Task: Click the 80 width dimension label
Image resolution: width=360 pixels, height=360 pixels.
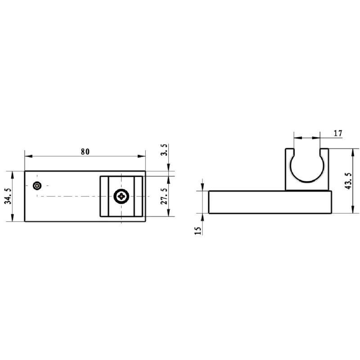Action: click(85, 152)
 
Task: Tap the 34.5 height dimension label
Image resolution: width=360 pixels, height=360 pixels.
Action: click(8, 196)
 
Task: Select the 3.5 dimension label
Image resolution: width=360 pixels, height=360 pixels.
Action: click(164, 150)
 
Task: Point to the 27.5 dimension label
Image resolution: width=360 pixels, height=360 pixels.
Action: click(164, 196)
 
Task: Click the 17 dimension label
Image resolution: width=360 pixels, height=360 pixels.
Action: click(338, 133)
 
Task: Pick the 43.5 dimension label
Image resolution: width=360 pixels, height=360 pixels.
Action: click(348, 181)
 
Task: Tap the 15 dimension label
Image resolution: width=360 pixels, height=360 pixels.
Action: click(198, 230)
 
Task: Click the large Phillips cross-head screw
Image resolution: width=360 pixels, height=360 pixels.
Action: click(121, 196)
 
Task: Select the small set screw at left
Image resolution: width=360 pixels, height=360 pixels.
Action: click(37, 185)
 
